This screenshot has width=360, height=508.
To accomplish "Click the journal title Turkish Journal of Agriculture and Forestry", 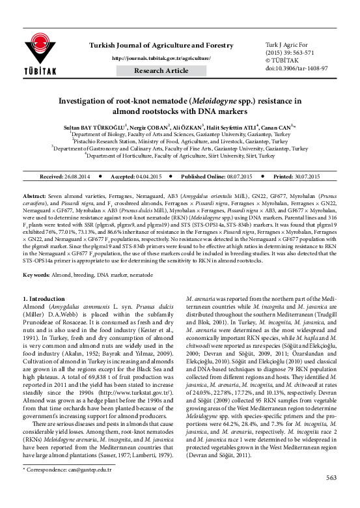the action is click(161, 44).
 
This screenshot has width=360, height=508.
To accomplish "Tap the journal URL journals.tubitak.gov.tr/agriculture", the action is click(161, 58).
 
